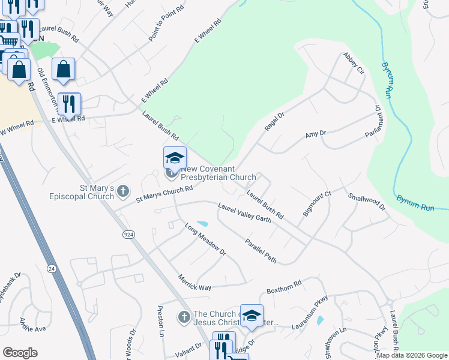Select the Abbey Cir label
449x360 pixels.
tap(353, 63)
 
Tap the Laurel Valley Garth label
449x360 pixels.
tap(244, 213)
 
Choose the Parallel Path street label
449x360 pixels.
tap(261, 251)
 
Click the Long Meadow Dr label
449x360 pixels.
tap(205, 240)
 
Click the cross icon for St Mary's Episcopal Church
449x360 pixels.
tap(123, 191)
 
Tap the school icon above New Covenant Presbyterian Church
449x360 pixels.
tap(175, 158)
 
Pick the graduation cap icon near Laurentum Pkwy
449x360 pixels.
tap(252, 315)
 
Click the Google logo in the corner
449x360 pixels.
tap(20, 353)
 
